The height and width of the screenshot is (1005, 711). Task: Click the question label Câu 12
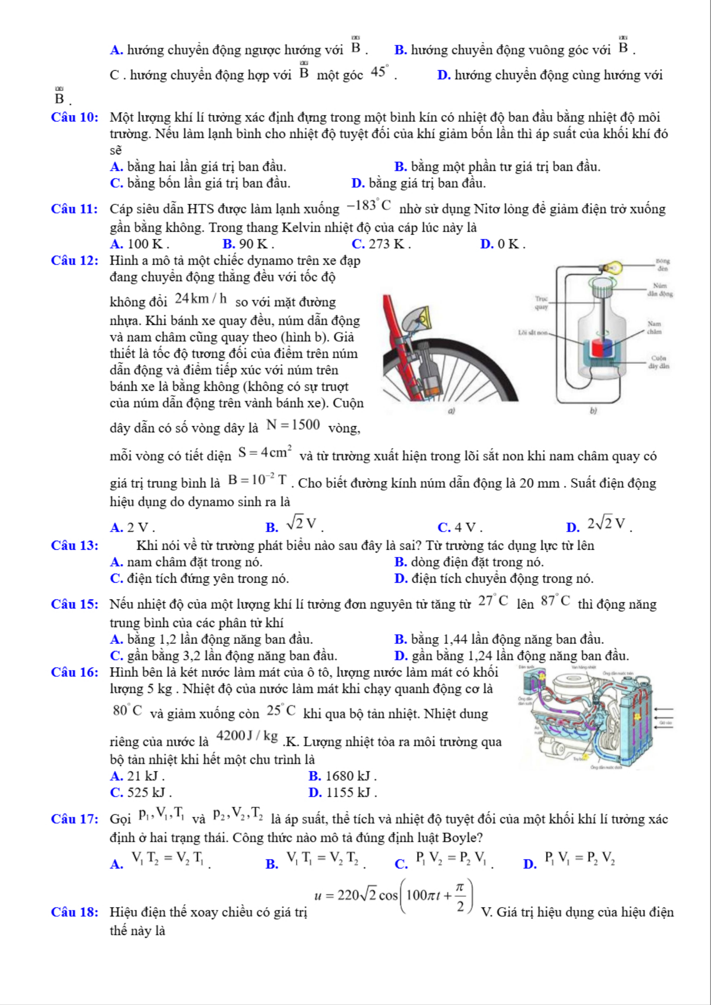pyautogui.click(x=74, y=261)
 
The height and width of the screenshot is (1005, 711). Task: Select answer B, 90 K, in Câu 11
pyautogui.click(x=248, y=244)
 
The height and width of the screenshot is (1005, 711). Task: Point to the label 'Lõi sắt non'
pyautogui.click(x=533, y=332)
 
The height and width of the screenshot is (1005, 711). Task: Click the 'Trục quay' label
pyautogui.click(x=541, y=303)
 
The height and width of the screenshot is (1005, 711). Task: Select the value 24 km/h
pyautogui.click(x=200, y=299)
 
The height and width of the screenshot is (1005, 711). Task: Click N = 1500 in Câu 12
pyautogui.click(x=293, y=425)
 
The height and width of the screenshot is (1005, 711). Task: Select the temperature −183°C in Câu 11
pyautogui.click(x=369, y=206)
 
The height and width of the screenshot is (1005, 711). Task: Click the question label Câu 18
pyautogui.click(x=74, y=912)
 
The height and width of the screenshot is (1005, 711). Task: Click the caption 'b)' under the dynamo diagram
pyautogui.click(x=593, y=410)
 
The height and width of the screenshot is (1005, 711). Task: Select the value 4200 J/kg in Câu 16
pyautogui.click(x=247, y=736)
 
